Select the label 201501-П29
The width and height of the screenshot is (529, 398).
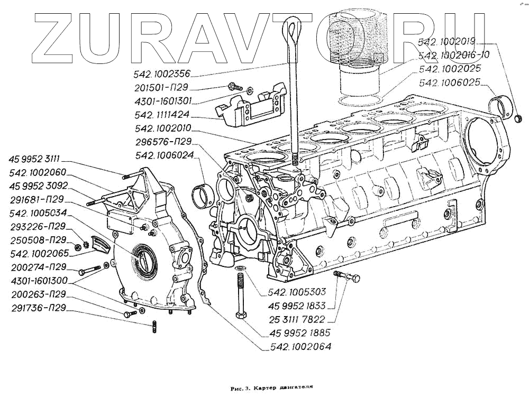tap(161, 87)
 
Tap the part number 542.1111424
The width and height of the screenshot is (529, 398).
tap(162, 115)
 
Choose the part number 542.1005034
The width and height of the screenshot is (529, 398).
tap(38, 214)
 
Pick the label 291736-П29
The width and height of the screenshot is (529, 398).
tap(38, 309)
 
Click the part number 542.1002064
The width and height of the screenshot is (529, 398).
tap(300, 347)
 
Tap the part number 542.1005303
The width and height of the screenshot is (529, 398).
tap(297, 292)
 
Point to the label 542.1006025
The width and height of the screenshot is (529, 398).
tap(449, 82)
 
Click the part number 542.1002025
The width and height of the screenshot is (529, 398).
tap(449, 69)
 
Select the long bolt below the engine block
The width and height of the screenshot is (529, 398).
tap(240, 296)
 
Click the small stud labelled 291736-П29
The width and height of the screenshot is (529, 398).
tap(153, 327)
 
